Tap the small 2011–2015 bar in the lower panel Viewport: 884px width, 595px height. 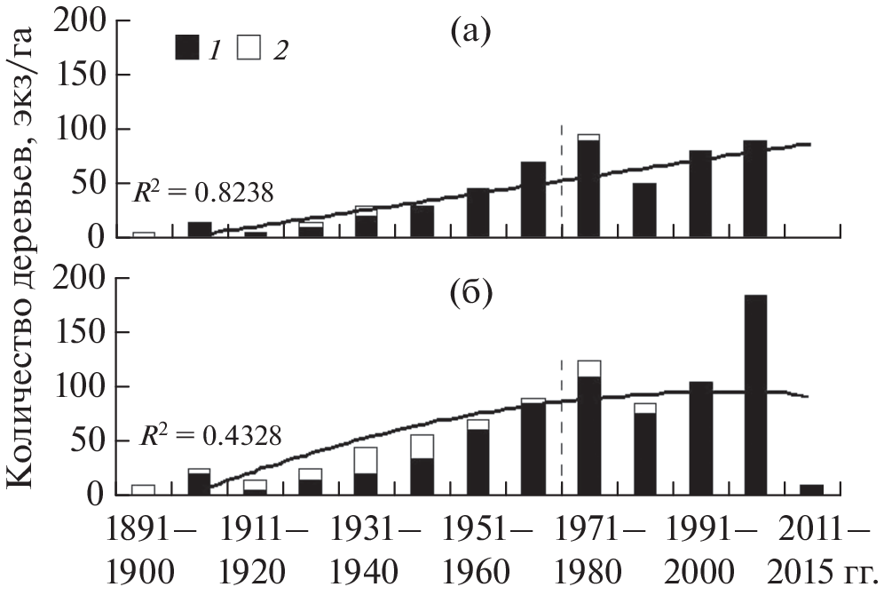811,489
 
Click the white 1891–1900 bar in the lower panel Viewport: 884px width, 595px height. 144,489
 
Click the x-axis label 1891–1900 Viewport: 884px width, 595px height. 144,551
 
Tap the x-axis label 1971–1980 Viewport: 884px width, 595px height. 588,551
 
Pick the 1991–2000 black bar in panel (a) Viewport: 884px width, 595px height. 700,194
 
